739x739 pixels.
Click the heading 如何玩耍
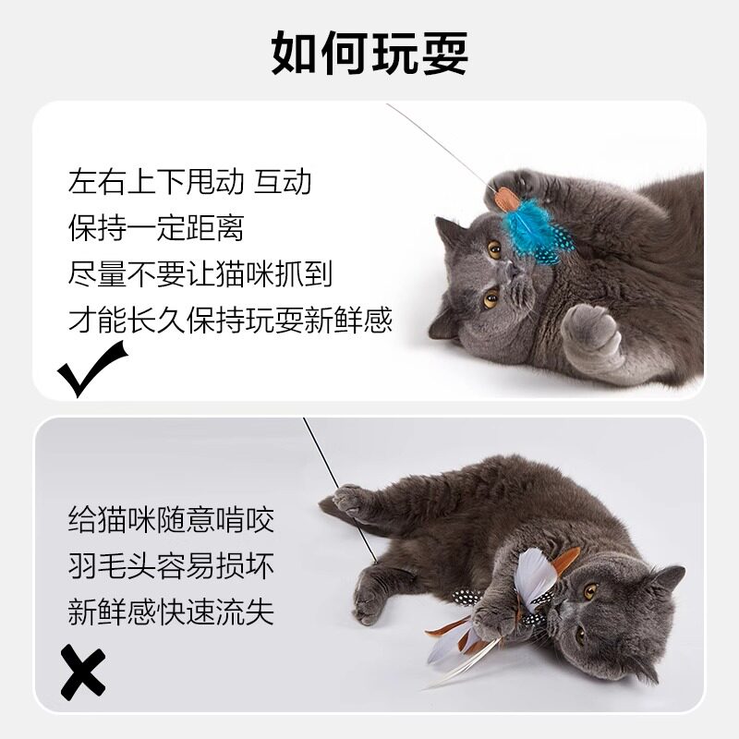(x=369, y=54)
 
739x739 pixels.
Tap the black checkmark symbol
(x=91, y=367)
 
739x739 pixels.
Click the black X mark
(x=83, y=671)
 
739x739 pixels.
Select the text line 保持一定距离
(x=156, y=227)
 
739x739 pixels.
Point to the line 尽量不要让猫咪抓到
(x=200, y=273)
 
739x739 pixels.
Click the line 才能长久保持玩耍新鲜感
(x=230, y=320)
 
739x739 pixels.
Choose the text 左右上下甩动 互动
(x=189, y=181)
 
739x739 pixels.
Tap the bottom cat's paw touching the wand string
(x=350, y=500)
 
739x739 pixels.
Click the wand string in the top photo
(x=434, y=139)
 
